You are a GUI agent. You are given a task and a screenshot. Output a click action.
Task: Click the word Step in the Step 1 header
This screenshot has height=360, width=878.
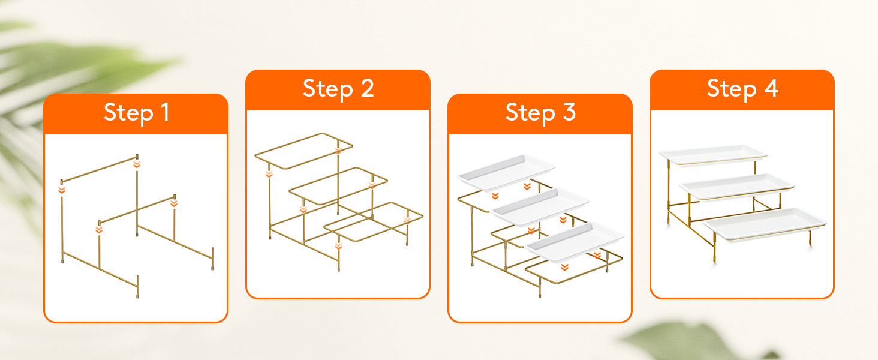coord(128,113)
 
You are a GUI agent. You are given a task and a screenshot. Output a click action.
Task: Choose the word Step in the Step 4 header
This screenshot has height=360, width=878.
coord(732,89)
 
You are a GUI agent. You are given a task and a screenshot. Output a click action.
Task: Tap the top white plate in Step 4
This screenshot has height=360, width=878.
coord(714,155)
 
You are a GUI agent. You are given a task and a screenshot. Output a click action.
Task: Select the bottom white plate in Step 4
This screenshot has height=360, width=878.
coord(765,224)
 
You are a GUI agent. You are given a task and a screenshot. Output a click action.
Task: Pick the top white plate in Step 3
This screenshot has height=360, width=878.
coord(506,173)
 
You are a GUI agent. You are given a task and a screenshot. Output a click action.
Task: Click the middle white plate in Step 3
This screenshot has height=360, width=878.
coord(540,206)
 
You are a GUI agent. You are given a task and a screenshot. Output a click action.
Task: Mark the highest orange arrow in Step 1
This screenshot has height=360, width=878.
coord(136,164)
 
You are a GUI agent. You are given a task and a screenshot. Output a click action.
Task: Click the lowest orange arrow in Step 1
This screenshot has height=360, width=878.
coord(99,229)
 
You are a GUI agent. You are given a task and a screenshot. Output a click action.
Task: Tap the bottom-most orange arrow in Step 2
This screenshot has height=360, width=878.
coord(339,246)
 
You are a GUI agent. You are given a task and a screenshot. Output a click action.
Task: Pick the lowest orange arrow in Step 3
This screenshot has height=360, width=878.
coord(564,267)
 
